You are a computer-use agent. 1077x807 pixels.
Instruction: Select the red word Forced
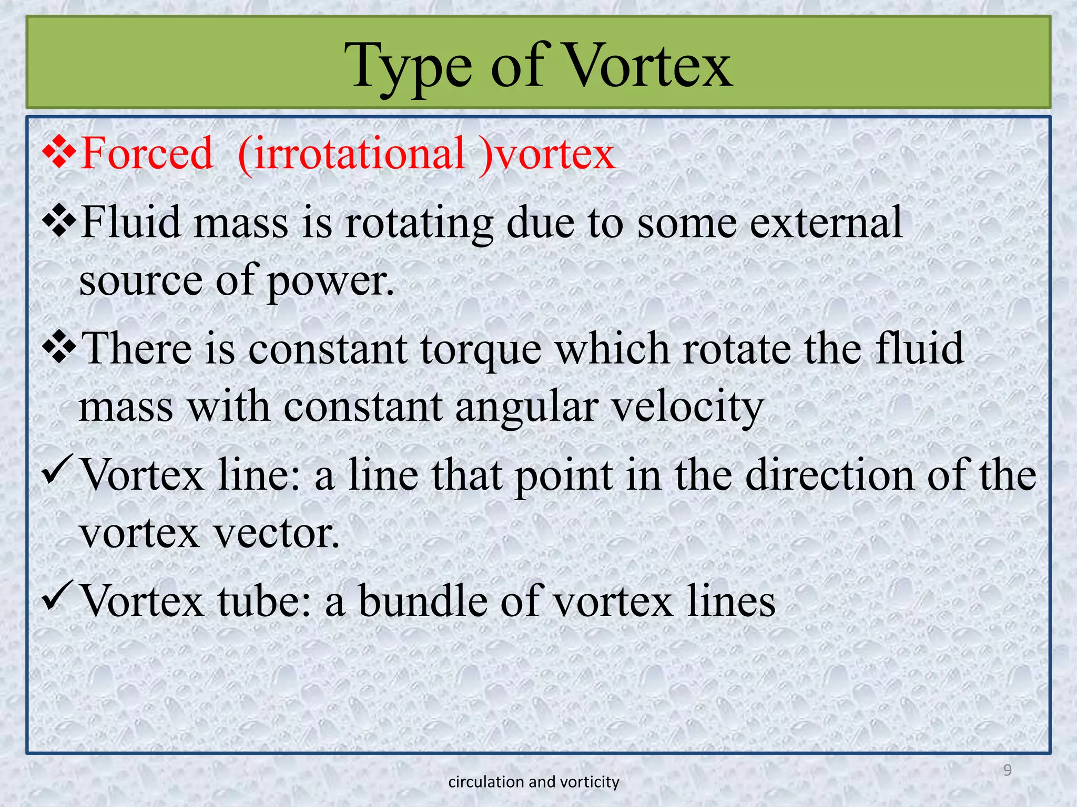tap(147, 153)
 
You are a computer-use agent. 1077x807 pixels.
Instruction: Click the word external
tap(826, 222)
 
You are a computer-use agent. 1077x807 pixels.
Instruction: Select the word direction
tap(830, 474)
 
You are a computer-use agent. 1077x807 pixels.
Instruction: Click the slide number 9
tap(1007, 770)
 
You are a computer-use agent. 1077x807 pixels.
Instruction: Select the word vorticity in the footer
tap(590, 782)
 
